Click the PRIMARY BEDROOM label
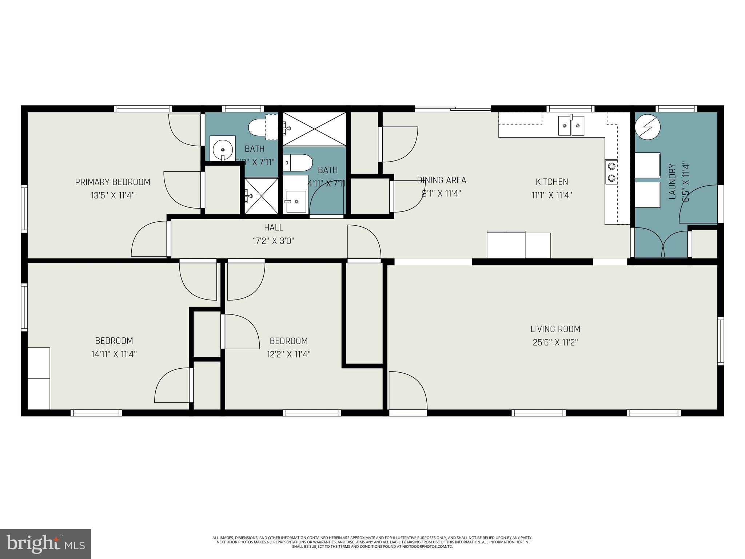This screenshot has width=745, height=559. point(112,182)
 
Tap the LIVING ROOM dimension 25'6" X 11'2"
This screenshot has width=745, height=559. point(555,342)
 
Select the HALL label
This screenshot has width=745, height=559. point(274,227)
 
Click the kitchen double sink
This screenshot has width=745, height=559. point(571,126)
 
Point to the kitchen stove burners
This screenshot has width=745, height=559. point(611,172)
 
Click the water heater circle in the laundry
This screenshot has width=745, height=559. point(648,126)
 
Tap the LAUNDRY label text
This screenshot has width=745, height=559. point(672,181)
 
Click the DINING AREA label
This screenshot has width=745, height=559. point(441,180)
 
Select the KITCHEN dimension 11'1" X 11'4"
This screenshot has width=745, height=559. point(552,195)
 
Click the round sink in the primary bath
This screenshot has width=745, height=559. point(222,149)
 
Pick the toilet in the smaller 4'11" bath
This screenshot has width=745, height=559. point(298,162)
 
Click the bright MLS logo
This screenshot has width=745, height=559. point(45,544)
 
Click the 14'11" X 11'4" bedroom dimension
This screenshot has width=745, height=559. point(114,354)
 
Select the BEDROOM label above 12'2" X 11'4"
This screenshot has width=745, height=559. point(288,341)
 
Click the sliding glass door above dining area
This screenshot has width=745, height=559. point(453,108)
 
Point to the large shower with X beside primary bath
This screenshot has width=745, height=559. point(315,129)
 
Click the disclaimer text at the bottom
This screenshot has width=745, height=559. point(372,542)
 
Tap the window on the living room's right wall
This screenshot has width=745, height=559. point(720,341)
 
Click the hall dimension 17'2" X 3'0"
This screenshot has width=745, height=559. point(274,241)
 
